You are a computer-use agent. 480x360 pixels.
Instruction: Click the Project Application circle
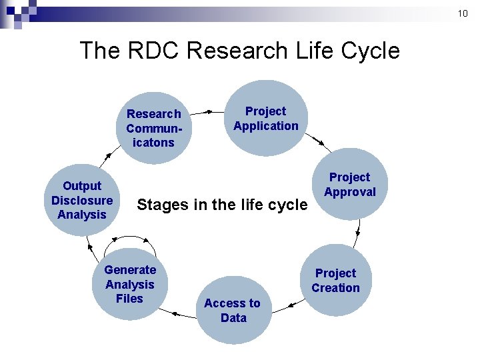266,119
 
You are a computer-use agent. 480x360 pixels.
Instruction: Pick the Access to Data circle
233,311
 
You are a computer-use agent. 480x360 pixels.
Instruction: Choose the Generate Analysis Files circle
130,284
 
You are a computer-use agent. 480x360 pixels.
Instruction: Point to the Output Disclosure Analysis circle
82,200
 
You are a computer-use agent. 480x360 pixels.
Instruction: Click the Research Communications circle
154,128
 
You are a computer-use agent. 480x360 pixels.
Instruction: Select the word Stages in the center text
163,205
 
